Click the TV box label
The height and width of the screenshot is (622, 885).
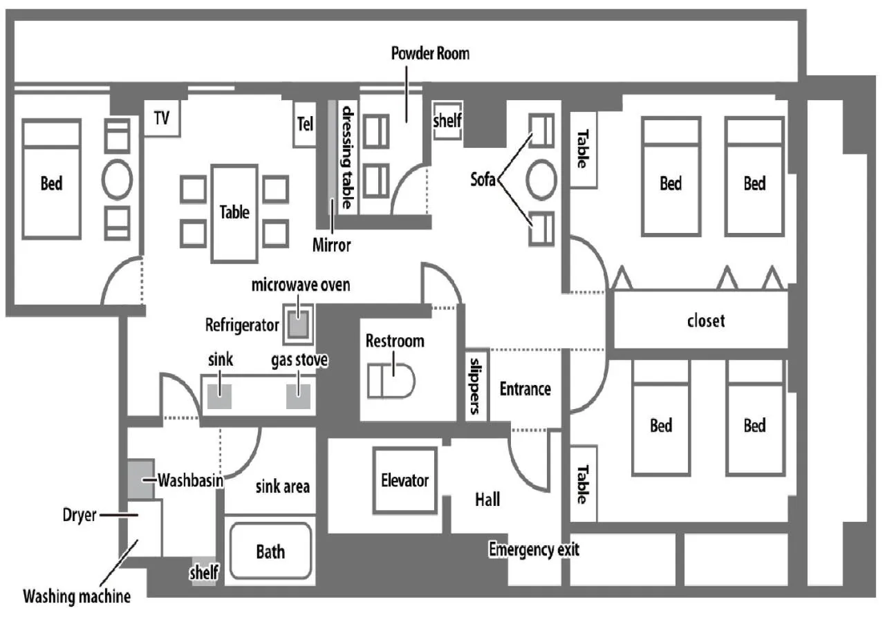coord(162,118)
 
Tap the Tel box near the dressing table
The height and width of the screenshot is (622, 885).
coord(305,124)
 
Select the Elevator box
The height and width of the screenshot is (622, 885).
coord(404,480)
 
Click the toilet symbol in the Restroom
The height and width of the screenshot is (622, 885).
coord(391,381)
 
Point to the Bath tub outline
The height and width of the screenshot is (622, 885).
coord(270,552)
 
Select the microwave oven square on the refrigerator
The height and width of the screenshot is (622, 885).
coord(298,325)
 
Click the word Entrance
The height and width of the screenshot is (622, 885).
coord(525,389)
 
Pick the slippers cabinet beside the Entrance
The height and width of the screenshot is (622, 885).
coord(476,385)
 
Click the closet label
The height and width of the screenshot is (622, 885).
coord(706,321)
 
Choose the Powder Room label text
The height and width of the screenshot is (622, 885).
coord(430,53)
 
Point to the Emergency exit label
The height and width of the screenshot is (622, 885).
coord(534,550)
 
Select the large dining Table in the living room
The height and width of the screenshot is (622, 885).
coord(234,212)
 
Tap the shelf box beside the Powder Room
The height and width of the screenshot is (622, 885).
coord(447,122)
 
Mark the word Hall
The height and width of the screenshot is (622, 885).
coord(487,499)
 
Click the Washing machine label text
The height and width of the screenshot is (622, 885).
coord(76,595)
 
